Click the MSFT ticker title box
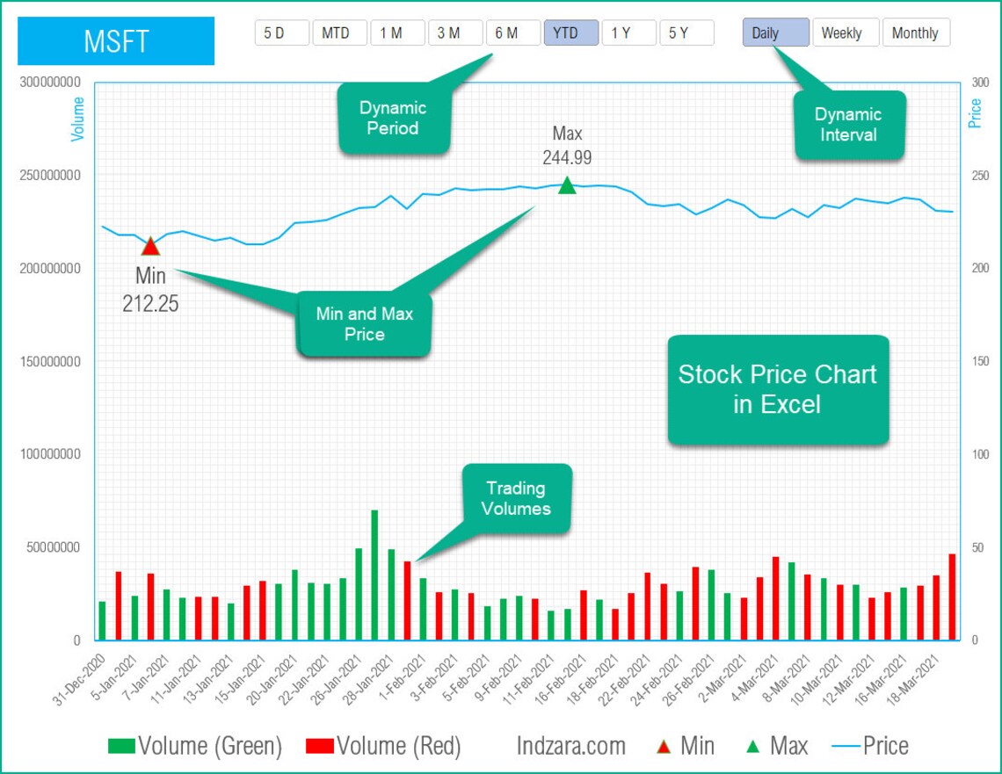(116, 40)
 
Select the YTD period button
(570, 33)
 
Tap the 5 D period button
(281, 33)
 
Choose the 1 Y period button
(628, 33)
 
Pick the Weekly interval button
(841, 33)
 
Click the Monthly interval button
(915, 33)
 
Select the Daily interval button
(774, 33)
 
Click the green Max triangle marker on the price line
(567, 185)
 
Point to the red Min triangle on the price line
(150, 246)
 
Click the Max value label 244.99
(567, 158)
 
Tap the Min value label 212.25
(150, 303)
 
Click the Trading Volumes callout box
(516, 498)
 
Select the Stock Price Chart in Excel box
(778, 389)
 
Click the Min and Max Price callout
(365, 324)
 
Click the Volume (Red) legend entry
(383, 747)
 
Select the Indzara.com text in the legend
(571, 747)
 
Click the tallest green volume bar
(374, 575)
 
